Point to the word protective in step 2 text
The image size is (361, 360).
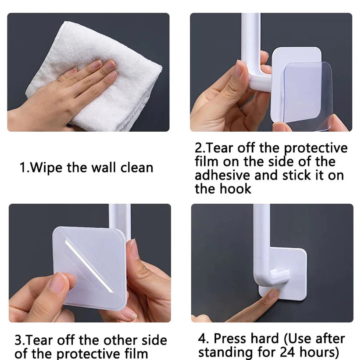pyautogui.click(x=315, y=148)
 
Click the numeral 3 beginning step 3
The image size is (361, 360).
pyautogui.click(x=18, y=341)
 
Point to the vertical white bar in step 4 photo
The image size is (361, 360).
pyautogui.click(x=261, y=237)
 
